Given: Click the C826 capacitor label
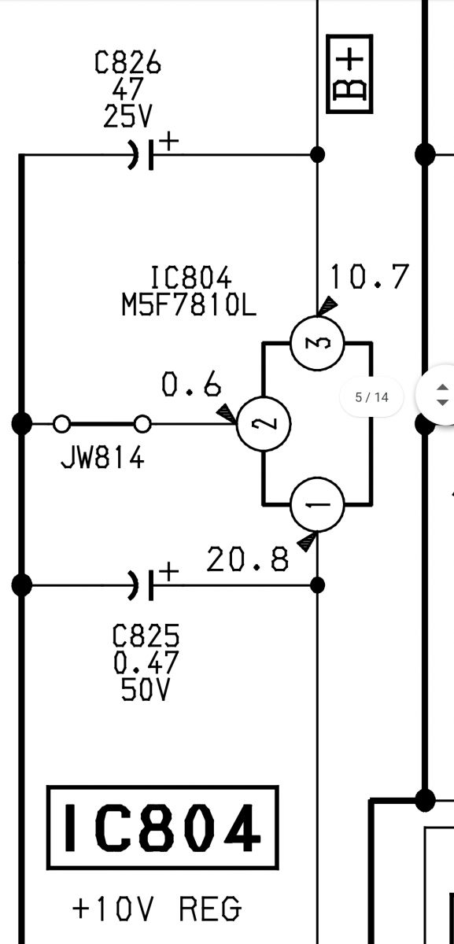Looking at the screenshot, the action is (127, 62).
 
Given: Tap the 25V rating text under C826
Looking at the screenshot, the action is (127, 116).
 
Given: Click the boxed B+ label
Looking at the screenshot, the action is (349, 74).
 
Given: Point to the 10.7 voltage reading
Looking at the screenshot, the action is (370, 276).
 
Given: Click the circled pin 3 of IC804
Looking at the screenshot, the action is (317, 343).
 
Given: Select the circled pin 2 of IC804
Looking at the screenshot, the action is (264, 423).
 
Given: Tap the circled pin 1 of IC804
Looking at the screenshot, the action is (317, 504).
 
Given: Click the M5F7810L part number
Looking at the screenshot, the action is (188, 304).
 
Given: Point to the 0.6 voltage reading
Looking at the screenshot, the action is (191, 384).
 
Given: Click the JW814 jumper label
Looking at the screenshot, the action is (102, 458).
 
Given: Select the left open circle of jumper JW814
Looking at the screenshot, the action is (62, 424).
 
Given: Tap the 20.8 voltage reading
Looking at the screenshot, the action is (248, 559).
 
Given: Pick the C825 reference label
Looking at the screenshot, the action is (146, 636).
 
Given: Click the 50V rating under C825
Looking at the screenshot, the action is (145, 690).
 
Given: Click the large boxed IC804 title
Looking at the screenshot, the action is (162, 828).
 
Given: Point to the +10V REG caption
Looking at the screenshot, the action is (157, 908).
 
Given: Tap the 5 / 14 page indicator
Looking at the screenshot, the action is (371, 397).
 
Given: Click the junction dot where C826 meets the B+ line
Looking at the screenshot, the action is (317, 155).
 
